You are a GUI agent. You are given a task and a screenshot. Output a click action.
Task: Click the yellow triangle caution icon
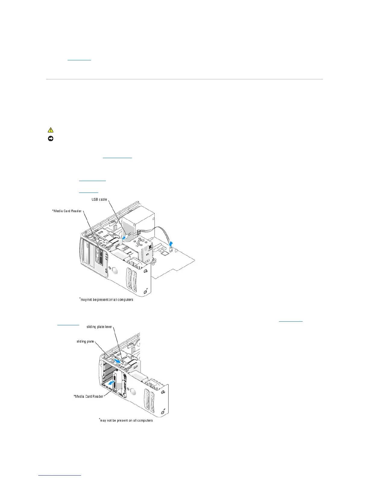[x=50, y=130]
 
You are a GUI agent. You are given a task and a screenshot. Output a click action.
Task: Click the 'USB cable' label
[x=99, y=199]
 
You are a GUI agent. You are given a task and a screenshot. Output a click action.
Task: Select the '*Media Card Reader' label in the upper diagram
[x=67, y=211]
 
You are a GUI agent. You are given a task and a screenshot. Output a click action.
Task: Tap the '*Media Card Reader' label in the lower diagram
[x=89, y=396]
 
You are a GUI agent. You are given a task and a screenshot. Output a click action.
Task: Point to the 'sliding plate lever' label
[x=99, y=327]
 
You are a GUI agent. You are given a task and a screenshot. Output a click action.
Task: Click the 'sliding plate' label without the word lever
[x=85, y=342]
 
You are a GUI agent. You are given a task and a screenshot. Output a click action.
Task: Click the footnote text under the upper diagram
[x=106, y=300]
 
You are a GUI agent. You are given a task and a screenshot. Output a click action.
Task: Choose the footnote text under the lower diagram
[x=126, y=420]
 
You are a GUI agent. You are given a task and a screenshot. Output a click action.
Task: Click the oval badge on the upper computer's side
[x=115, y=269]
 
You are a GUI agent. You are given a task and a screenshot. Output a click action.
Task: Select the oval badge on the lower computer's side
[x=134, y=392]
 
